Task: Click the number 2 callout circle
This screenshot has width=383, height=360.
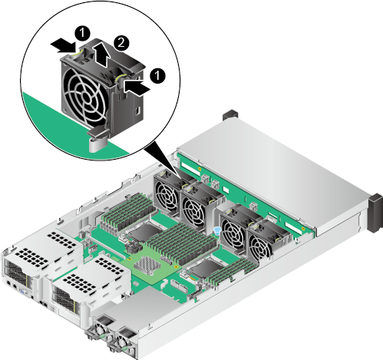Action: click(x=121, y=42)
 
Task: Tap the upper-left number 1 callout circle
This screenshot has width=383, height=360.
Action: click(x=82, y=33)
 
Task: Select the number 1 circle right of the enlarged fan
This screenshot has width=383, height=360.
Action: click(x=157, y=75)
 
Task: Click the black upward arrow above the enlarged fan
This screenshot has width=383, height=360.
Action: click(x=102, y=54)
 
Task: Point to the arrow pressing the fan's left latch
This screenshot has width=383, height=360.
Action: click(x=63, y=46)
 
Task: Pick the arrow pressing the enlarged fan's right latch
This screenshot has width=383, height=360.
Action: click(x=137, y=87)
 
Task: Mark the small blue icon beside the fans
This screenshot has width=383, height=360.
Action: click(x=217, y=230)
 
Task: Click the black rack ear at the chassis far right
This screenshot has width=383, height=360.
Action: click(x=375, y=213)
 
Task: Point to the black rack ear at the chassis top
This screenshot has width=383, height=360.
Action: click(x=230, y=114)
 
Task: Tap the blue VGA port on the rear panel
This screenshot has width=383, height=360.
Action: click(x=23, y=291)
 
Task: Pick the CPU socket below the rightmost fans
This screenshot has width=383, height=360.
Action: click(x=206, y=269)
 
